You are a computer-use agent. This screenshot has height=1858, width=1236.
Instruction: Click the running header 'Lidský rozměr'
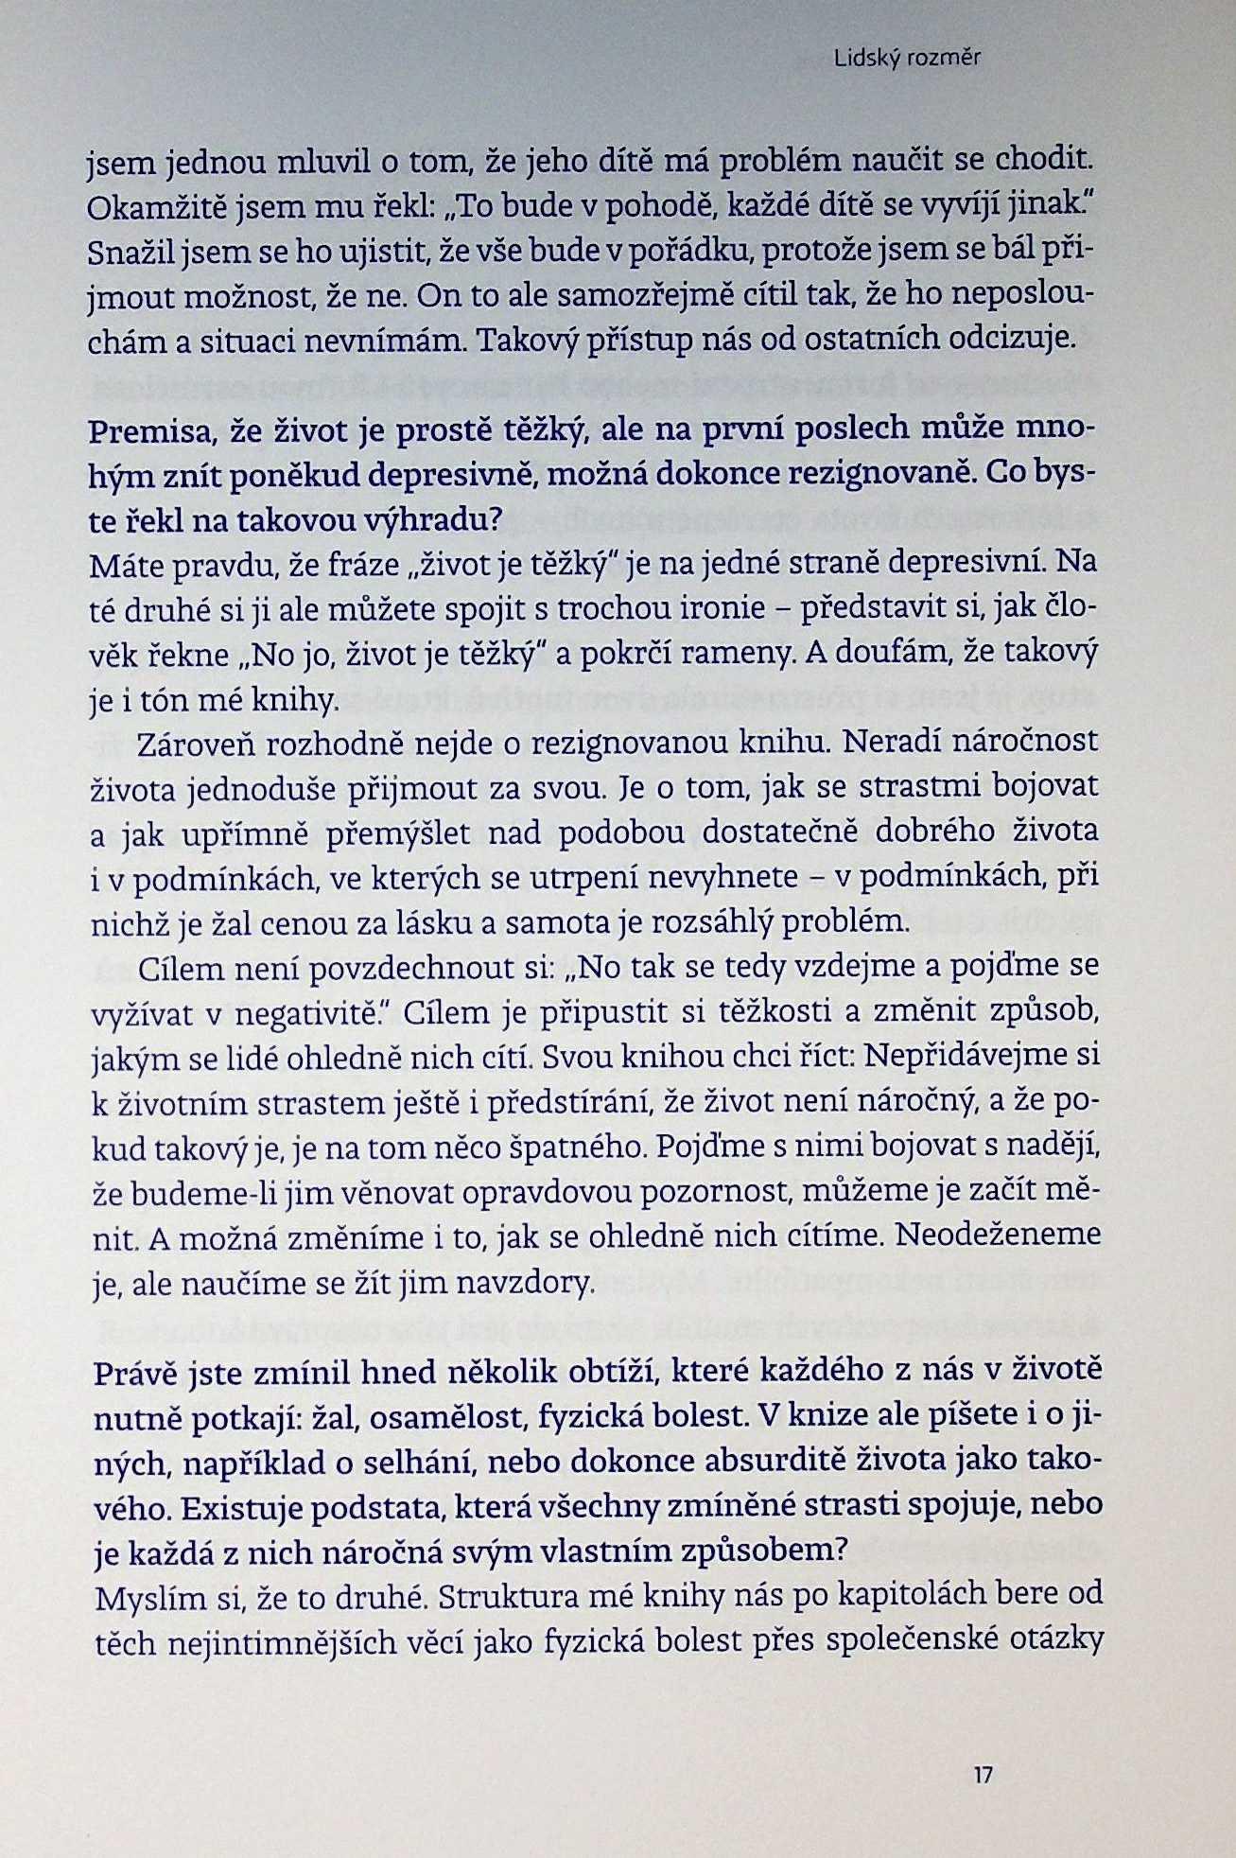tap(907, 59)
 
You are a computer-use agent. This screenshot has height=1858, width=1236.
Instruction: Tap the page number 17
tap(983, 1774)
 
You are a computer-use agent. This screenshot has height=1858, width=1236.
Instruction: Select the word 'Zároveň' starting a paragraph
tap(194, 745)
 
